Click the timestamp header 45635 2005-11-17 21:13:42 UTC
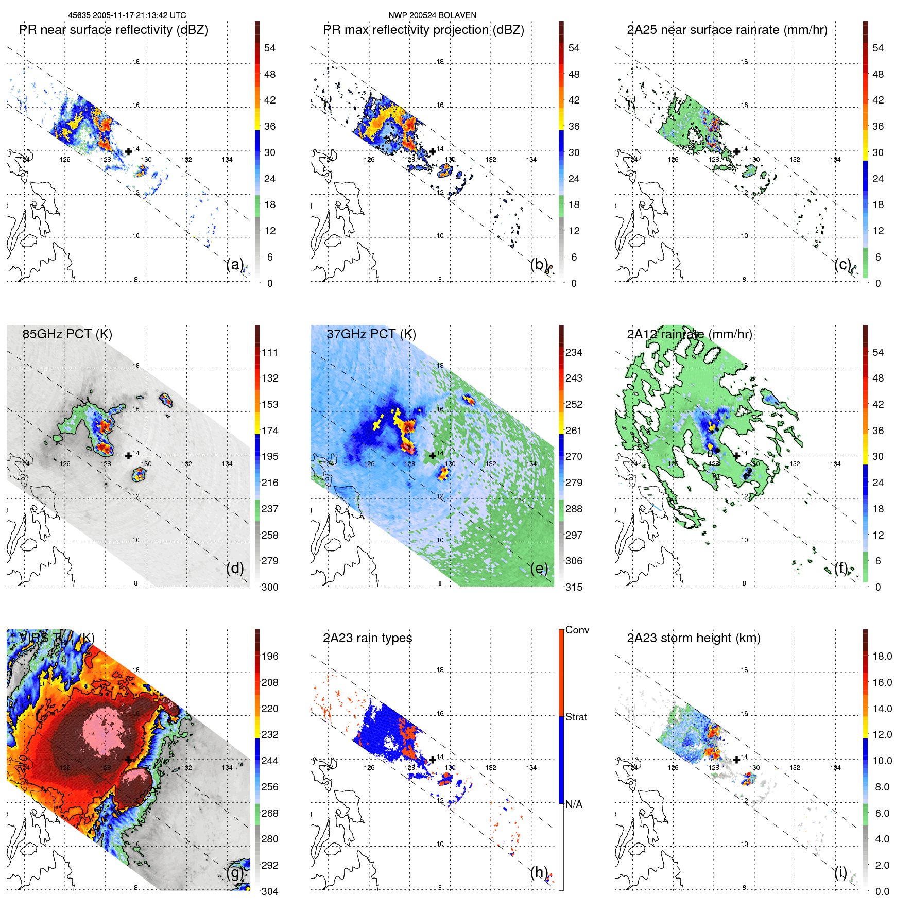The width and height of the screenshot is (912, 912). tap(127, 15)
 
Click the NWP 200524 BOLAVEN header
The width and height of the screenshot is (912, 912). tap(432, 15)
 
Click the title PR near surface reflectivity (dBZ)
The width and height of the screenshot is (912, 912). tap(113, 30)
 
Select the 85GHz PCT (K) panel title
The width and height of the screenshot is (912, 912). tap(67, 334)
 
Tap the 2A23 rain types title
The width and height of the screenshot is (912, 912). tap(367, 638)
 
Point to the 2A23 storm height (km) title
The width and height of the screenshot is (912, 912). tap(693, 638)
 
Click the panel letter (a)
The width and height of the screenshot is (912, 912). tap(235, 265)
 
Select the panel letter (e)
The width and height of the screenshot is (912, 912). tap(539, 569)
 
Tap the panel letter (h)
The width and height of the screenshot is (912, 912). tap(539, 872)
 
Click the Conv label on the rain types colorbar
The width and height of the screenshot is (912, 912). tap(577, 630)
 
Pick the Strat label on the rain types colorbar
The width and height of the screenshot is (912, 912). tap(576, 717)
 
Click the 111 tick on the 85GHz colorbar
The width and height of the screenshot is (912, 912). tap(269, 352)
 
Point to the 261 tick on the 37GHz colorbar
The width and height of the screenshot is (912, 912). tap(574, 431)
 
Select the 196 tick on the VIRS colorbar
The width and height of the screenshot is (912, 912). tap(269, 656)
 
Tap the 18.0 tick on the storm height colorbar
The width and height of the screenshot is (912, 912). tap(882, 656)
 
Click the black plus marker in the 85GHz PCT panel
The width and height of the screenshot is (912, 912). tap(128, 456)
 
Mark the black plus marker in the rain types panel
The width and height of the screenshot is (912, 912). tap(433, 760)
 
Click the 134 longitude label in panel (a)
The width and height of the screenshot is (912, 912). tap(227, 160)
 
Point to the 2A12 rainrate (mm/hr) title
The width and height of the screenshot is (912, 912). tap(689, 334)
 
